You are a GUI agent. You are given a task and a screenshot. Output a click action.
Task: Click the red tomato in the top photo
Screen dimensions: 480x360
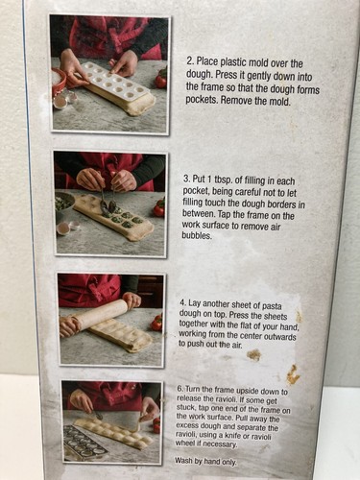(x=161, y=81)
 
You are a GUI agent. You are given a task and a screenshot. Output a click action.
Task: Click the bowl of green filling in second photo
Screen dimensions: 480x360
(x=65, y=203)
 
